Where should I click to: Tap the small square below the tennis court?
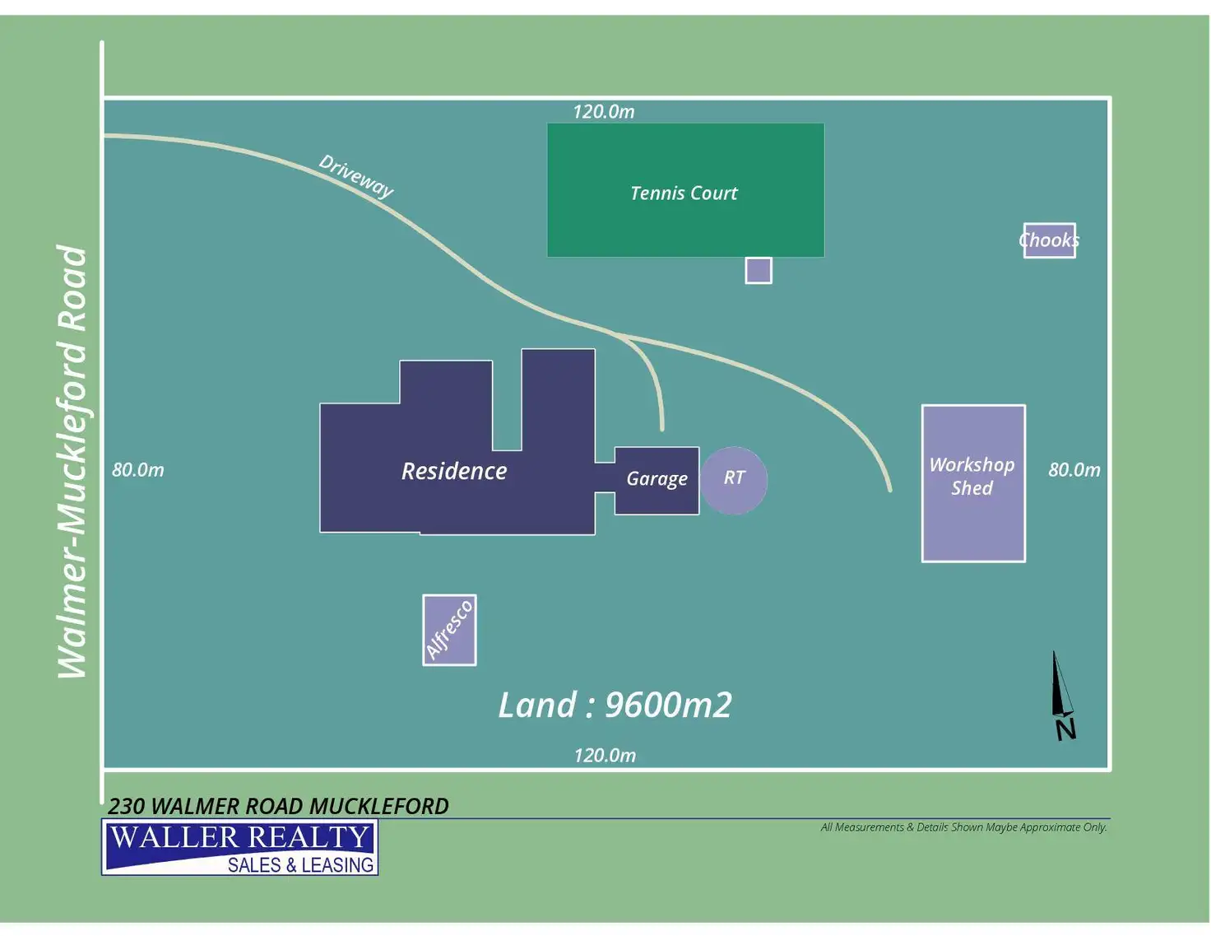[x=759, y=270]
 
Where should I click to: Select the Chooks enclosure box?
[x=1049, y=240]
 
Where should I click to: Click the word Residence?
[x=454, y=471]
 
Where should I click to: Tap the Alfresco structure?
[x=449, y=630]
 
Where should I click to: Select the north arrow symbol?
[x=1062, y=696]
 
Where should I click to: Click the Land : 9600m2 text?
[x=615, y=705]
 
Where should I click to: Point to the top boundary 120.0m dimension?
[x=604, y=112]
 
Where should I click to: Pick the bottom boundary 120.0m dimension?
[x=605, y=756]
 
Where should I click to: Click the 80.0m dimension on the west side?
[x=138, y=470]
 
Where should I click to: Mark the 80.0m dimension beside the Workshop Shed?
[x=1074, y=470]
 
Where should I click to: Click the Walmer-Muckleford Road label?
[x=72, y=461]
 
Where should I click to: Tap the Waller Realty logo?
[x=239, y=846]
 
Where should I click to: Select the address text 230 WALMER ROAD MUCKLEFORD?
[x=278, y=806]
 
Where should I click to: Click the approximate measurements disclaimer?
[x=963, y=827]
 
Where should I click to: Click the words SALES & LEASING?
[x=300, y=865]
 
